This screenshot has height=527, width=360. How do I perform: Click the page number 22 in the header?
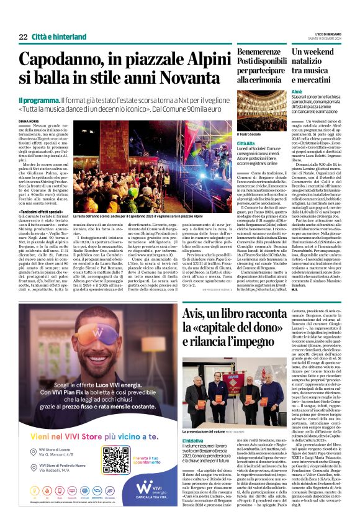[23, 37]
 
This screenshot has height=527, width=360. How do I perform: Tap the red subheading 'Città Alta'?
[246, 143]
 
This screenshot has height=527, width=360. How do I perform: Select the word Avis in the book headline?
[198, 313]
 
